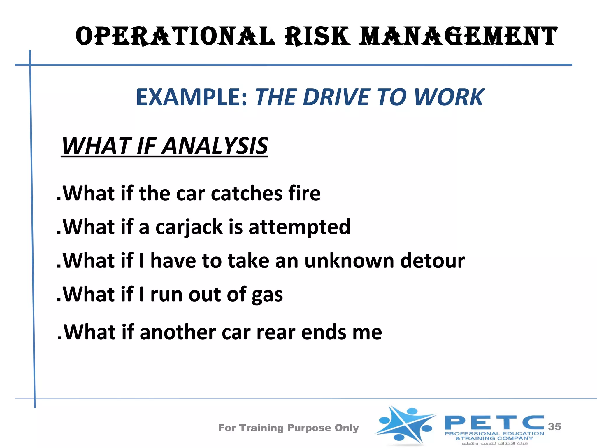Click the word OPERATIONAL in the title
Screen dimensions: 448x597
[x=175, y=36]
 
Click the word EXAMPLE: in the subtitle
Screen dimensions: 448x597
[x=192, y=97]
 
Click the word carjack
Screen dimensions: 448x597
[x=189, y=227]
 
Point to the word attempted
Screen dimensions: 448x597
[x=299, y=227]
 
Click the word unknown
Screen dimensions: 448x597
[x=349, y=260]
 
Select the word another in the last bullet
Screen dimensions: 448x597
[x=178, y=332]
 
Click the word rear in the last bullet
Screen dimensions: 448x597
[x=276, y=332]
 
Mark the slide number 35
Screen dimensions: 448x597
[x=554, y=427]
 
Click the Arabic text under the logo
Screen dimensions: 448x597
[x=494, y=443]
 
